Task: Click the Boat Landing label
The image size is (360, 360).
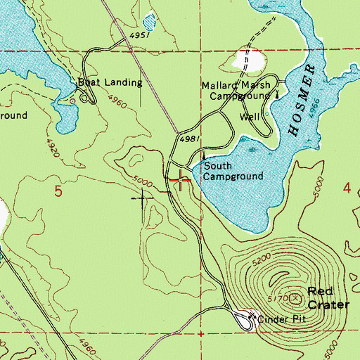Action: click(x=110, y=82)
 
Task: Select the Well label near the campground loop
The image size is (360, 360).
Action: click(x=250, y=117)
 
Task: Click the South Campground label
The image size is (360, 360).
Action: click(x=233, y=172)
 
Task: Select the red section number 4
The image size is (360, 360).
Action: click(x=347, y=188)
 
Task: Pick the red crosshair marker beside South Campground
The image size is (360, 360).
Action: click(x=183, y=181)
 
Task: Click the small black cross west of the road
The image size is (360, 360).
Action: click(x=143, y=199)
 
